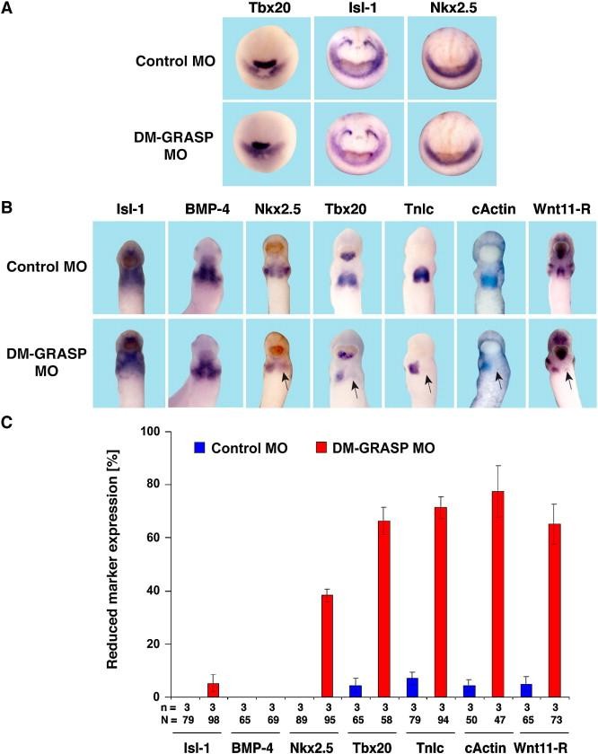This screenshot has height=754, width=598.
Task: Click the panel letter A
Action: click(8, 9)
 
